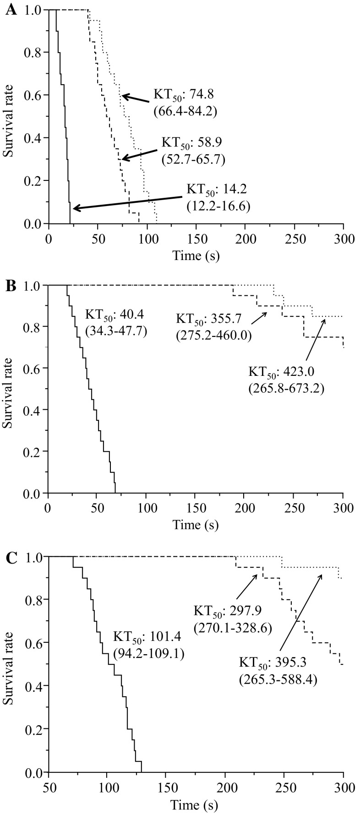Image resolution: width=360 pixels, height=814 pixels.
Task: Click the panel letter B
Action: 10,287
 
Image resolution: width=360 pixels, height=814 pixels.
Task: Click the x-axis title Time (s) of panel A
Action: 196,256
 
